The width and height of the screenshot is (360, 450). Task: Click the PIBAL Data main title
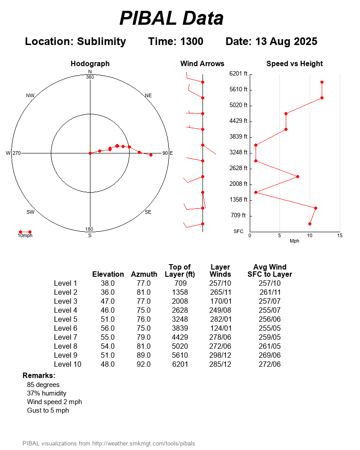(x=171, y=18)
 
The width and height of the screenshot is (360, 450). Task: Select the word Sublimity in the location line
(x=101, y=41)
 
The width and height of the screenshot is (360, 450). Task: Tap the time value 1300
(x=191, y=41)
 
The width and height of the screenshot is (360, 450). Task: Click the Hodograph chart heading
(x=90, y=64)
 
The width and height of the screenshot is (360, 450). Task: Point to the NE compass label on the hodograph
(x=148, y=95)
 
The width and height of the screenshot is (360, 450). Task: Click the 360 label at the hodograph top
(x=90, y=77)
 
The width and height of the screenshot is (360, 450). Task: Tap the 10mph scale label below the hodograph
(x=25, y=235)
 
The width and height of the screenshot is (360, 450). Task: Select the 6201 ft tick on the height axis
(x=238, y=74)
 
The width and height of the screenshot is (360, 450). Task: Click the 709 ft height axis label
(x=238, y=216)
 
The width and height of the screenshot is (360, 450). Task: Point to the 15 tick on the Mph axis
(x=340, y=235)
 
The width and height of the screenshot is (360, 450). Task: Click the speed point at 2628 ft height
(x=297, y=177)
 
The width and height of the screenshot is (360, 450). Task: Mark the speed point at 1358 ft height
(x=315, y=208)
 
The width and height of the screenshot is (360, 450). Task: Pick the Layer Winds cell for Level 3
(x=220, y=301)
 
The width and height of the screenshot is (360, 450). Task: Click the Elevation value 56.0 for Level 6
(x=108, y=328)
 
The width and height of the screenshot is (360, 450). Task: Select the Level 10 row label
(x=67, y=364)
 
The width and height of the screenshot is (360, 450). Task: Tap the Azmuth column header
(x=144, y=274)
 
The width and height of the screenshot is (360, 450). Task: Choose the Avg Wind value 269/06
(x=270, y=355)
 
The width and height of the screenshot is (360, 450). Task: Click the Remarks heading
(x=39, y=375)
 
